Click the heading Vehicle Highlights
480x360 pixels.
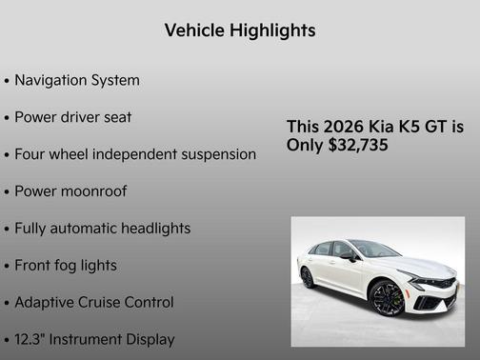239,30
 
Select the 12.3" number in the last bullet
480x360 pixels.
32,339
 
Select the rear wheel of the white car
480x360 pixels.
307,277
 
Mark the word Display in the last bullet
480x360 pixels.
149,339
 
